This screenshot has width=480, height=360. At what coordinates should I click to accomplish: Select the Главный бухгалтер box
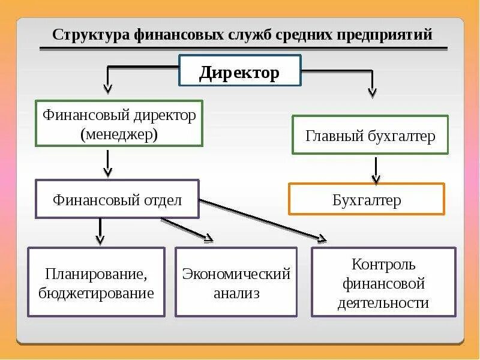click(x=370, y=135)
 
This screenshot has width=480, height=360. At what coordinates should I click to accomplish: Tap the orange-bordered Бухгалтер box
click(x=367, y=199)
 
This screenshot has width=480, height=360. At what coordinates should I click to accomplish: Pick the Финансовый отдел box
click(x=117, y=199)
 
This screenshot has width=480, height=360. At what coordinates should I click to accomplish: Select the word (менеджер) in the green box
click(x=119, y=134)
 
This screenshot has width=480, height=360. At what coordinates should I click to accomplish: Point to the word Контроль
click(x=383, y=264)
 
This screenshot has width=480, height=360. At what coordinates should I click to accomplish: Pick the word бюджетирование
click(x=96, y=293)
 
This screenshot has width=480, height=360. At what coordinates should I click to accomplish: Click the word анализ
click(x=236, y=293)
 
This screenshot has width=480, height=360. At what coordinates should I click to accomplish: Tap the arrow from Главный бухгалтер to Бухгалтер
click(x=376, y=170)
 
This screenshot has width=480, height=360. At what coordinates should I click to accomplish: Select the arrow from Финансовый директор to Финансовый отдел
click(x=108, y=163)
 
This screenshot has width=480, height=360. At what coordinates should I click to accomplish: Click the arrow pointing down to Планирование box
click(x=100, y=232)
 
